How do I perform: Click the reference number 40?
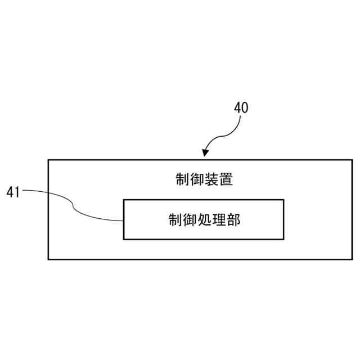pos(241,108)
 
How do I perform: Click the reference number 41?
pos(13,192)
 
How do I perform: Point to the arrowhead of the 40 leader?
pos(205,155)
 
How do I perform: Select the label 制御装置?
pos(204,180)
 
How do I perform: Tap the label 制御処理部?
pos(204,219)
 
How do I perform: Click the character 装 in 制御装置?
pos(211,180)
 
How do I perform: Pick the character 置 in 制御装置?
pos(226,180)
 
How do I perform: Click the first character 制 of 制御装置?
pos(182,180)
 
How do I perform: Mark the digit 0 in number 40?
pos(245,108)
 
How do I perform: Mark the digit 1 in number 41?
pos(17,192)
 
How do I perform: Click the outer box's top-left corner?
pos(48,160)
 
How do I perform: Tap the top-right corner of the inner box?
pos(283,200)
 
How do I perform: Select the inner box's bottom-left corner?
pos(124,239)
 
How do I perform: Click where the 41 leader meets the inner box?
pos(124,221)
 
